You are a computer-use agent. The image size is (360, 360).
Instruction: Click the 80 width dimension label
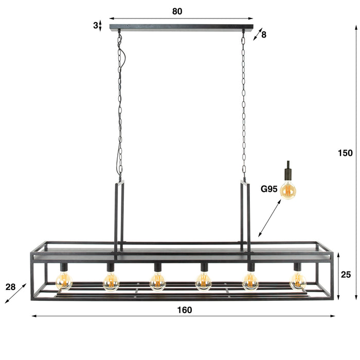(x=177, y=11)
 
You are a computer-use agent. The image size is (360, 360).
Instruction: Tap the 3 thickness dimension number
(x=96, y=25)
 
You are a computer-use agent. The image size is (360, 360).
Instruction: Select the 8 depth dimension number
(x=264, y=34)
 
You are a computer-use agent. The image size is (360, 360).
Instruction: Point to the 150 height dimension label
(x=346, y=153)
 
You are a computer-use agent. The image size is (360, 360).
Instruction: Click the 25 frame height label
(x=346, y=275)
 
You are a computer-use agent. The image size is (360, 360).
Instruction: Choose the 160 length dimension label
(x=184, y=310)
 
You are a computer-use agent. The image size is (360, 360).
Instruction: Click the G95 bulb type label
(x=269, y=189)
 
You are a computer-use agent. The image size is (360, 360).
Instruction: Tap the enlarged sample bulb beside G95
(x=289, y=190)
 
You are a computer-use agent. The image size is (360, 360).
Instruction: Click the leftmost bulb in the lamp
(x=64, y=281)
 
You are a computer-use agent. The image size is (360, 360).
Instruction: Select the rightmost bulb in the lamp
(x=298, y=281)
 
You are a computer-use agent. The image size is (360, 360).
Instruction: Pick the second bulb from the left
(x=111, y=281)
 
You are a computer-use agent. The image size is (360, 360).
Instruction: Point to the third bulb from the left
(x=158, y=281)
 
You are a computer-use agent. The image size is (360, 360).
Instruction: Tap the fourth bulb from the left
(x=204, y=281)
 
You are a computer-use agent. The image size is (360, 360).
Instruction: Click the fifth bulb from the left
(x=251, y=281)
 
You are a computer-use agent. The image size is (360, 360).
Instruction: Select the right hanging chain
(x=243, y=103)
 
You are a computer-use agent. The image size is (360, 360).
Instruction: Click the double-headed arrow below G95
(x=269, y=218)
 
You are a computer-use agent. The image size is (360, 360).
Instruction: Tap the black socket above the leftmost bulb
(x=64, y=267)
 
